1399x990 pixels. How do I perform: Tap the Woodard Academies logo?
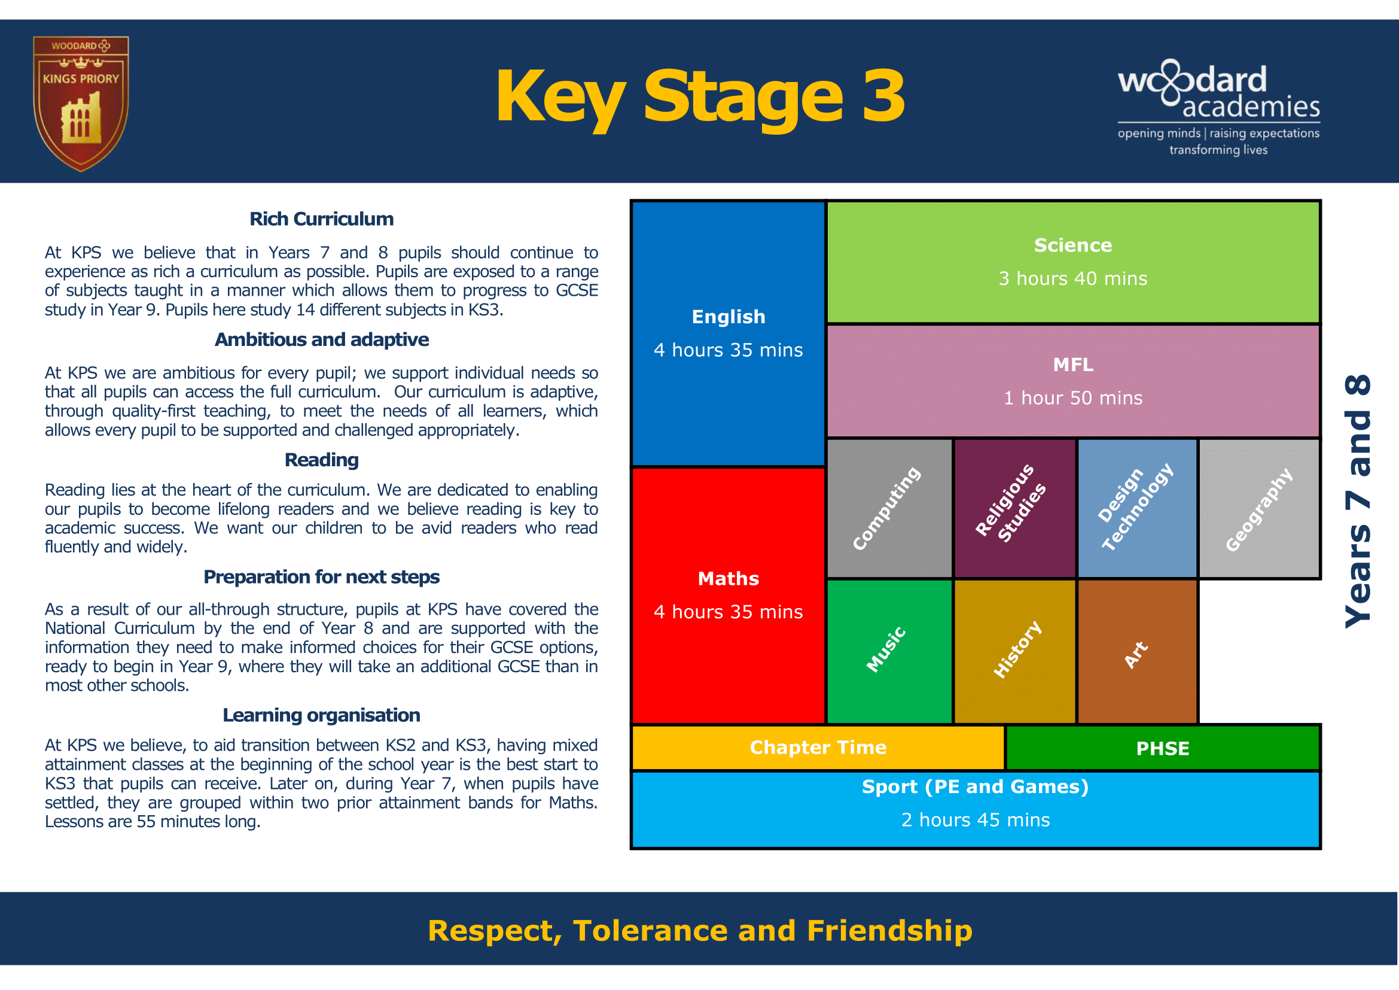point(1218,107)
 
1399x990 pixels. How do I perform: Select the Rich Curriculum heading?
point(321,219)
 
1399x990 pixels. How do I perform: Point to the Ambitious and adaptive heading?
point(321,339)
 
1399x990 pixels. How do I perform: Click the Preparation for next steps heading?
point(321,576)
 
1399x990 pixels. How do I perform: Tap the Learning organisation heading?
point(321,715)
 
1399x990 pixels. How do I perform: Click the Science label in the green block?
point(1072,245)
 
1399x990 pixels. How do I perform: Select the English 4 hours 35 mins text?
point(728,333)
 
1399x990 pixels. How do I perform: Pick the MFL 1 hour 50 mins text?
point(1072,382)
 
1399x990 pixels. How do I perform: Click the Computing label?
point(886,508)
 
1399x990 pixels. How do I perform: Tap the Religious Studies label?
point(1011,503)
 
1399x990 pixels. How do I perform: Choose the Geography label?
point(1259,509)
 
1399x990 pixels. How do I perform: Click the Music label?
point(886,650)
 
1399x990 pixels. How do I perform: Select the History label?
point(1017,650)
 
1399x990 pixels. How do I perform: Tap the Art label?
point(1136,655)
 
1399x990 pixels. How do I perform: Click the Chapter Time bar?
point(818,748)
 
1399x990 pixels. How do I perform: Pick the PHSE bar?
point(1162,749)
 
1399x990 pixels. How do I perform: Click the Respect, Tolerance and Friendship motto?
point(700,931)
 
